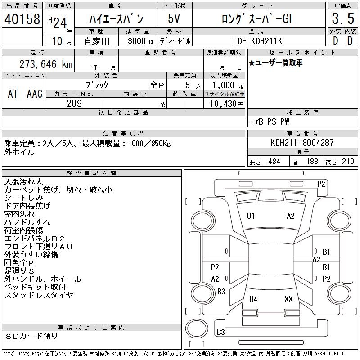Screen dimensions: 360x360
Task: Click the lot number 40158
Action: pyautogui.click(x=22, y=19)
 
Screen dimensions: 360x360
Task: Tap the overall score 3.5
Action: pyautogui.click(x=343, y=18)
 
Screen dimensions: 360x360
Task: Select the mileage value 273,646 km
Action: pyautogui.click(x=46, y=64)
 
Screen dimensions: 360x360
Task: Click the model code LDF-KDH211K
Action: pyautogui.click(x=257, y=41)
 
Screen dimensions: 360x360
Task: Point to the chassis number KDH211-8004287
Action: pyautogui.click(x=302, y=143)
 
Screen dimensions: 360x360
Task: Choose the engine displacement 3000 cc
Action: pyautogui.click(x=141, y=41)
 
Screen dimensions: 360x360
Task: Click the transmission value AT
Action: pyautogui.click(x=13, y=94)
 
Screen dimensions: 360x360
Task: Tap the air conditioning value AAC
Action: pyautogui.click(x=35, y=94)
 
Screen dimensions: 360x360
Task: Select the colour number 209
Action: pyautogui.click(x=74, y=103)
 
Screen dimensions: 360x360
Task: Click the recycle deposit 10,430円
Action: pyautogui.click(x=227, y=103)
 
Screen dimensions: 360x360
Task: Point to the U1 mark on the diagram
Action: pyautogui.click(x=251, y=216)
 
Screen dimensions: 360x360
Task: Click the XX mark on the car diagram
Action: pyautogui.click(x=288, y=299)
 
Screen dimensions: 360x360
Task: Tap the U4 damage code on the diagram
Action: pyautogui.click(x=253, y=299)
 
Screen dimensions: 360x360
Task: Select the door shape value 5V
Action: pyautogui.click(x=174, y=18)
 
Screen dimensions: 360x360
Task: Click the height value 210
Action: pyautogui.click(x=348, y=162)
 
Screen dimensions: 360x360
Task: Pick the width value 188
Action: pyautogui.click(x=312, y=162)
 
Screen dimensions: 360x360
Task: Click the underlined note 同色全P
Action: pyautogui.click(x=19, y=262)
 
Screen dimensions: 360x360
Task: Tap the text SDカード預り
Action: pyautogui.click(x=31, y=336)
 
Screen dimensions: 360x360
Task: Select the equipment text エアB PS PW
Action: pyautogui.click(x=269, y=121)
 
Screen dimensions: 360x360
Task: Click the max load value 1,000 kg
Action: pyautogui.click(x=227, y=85)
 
